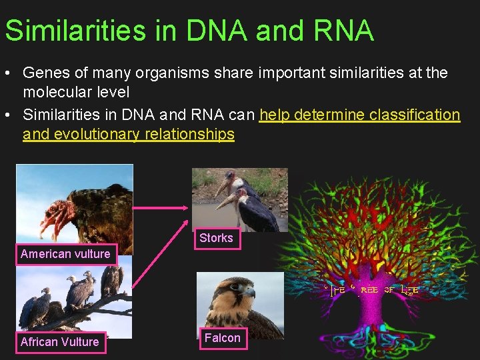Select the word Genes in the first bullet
[45, 72]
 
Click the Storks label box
[216, 238]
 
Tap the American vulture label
[65, 254]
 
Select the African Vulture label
[59, 342]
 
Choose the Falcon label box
[222, 338]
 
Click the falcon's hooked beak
[251, 293]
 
